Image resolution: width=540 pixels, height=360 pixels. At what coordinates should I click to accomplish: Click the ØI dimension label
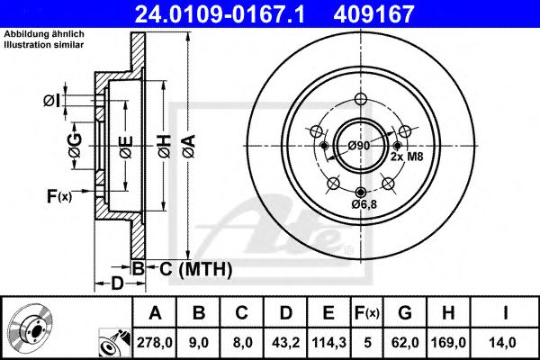click(x=52, y=101)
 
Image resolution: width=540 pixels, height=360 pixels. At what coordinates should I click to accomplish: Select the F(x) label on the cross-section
click(x=58, y=194)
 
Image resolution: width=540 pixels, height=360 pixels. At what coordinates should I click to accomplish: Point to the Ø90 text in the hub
click(x=360, y=146)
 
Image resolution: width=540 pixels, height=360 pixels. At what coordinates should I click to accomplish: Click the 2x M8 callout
click(x=406, y=157)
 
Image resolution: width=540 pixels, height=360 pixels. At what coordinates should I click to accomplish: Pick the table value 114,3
click(x=328, y=341)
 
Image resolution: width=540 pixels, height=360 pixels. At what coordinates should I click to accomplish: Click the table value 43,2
click(x=285, y=341)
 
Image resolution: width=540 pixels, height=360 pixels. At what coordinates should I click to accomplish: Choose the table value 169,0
click(x=454, y=341)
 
